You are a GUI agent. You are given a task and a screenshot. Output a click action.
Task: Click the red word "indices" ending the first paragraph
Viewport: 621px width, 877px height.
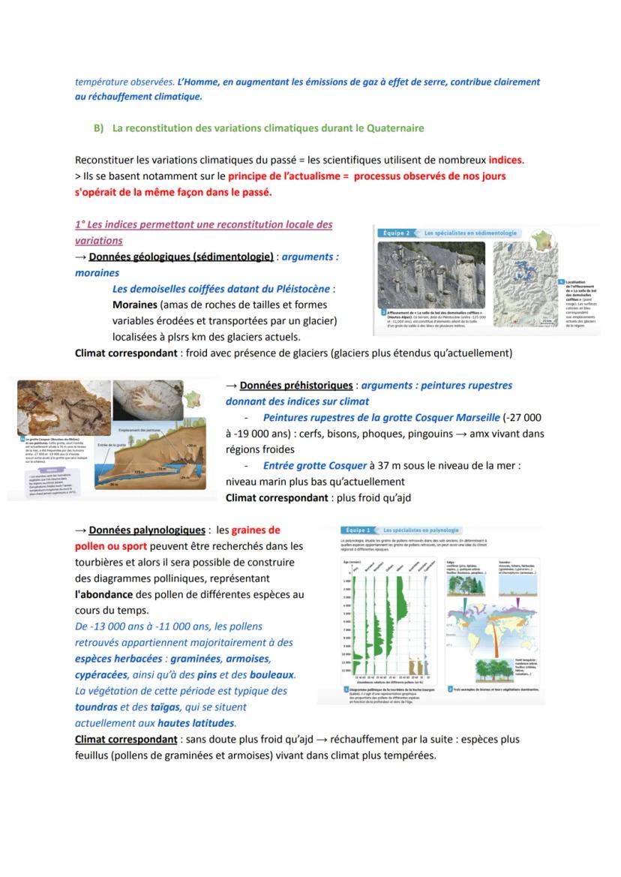coord(506,160)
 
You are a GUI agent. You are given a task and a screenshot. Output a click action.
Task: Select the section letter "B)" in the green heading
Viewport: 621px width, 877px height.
coord(99,128)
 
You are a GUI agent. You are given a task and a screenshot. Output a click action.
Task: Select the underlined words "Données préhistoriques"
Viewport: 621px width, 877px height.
coord(295,386)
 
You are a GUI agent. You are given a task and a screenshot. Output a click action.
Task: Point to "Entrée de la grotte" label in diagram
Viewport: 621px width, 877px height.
coord(109,446)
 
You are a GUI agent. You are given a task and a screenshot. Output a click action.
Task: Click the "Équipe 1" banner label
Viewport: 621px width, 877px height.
coord(358,530)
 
